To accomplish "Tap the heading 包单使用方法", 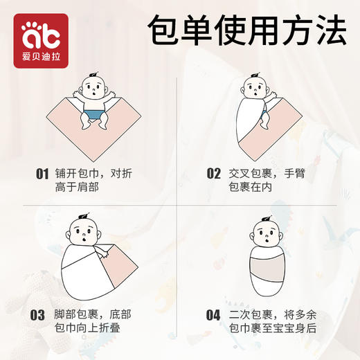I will coord(247,32).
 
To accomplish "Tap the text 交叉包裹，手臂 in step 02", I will coord(267,174).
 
